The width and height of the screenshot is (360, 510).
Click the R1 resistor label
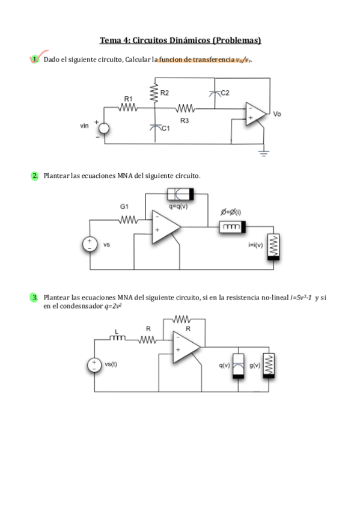(129, 99)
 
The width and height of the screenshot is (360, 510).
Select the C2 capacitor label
(225, 93)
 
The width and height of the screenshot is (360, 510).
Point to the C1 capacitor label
(165, 129)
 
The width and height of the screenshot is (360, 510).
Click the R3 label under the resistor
(185, 121)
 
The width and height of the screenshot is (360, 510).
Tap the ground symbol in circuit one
(263, 153)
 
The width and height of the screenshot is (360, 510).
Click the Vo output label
(277, 114)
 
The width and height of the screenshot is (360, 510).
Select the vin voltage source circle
(104, 129)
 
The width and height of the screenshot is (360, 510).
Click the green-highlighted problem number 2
(35, 176)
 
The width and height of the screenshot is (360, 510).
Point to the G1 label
(124, 206)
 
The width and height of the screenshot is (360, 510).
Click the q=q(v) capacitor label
(178, 206)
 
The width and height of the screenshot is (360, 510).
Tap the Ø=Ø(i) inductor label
(231, 212)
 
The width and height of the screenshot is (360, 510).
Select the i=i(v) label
(255, 245)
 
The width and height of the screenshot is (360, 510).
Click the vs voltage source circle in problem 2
(90, 244)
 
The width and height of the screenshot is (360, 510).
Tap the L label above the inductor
(117, 332)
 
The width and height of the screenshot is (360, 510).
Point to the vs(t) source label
(111, 364)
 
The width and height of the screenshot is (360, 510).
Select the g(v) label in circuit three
(255, 365)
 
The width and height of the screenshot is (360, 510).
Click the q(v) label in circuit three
(224, 365)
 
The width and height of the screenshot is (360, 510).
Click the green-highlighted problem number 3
(34, 297)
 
